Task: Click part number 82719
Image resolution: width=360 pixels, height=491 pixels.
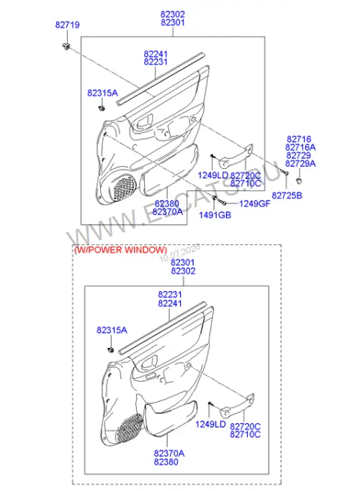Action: tap(68, 24)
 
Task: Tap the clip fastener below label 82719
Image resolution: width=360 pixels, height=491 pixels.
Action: tap(66, 46)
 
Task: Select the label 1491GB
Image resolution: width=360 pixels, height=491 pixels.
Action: tap(215, 215)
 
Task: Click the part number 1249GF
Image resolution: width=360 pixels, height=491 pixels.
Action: tap(255, 204)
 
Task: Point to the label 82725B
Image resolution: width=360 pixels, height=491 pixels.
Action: tap(287, 196)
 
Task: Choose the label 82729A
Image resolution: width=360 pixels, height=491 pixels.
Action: tap(300, 163)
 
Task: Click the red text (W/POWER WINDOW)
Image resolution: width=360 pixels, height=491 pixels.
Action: tap(120, 250)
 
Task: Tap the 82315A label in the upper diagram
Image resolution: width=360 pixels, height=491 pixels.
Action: tap(102, 93)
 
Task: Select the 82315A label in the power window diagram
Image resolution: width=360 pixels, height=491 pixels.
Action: tap(112, 330)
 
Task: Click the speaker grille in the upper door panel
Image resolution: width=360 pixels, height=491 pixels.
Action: tap(124, 188)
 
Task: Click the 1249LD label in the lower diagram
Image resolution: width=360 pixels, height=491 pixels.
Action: tap(210, 424)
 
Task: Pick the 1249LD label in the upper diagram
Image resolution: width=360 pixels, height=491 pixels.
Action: tap(212, 175)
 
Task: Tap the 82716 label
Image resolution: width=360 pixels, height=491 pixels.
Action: tap(299, 139)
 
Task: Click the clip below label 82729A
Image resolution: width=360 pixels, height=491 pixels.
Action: tap(300, 180)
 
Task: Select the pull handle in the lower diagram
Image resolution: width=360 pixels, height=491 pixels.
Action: tap(238, 407)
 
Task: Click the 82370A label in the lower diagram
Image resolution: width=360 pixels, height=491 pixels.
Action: tap(169, 453)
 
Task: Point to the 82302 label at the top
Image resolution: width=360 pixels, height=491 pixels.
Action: tap(173, 14)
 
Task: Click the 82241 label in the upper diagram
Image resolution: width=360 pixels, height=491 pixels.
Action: tap(156, 54)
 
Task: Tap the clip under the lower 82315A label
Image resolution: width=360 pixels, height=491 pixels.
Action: tap(110, 350)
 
